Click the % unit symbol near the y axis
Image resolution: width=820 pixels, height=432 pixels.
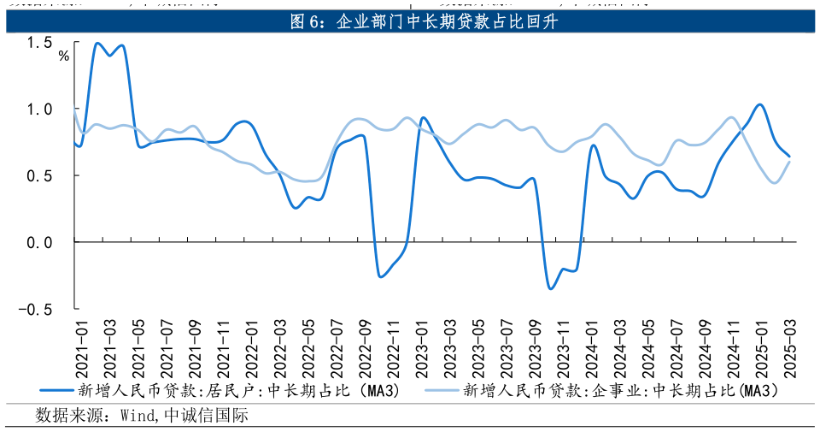click(x=63, y=56)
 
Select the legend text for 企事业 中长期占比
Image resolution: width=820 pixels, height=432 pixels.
click(x=621, y=391)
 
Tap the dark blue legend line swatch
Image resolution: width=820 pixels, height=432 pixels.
click(x=56, y=391)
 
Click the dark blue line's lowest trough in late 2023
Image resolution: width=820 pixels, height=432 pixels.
click(x=550, y=288)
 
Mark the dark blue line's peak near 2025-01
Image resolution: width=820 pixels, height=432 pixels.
click(x=759, y=104)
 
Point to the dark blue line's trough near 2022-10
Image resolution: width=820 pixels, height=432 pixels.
click(x=380, y=275)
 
